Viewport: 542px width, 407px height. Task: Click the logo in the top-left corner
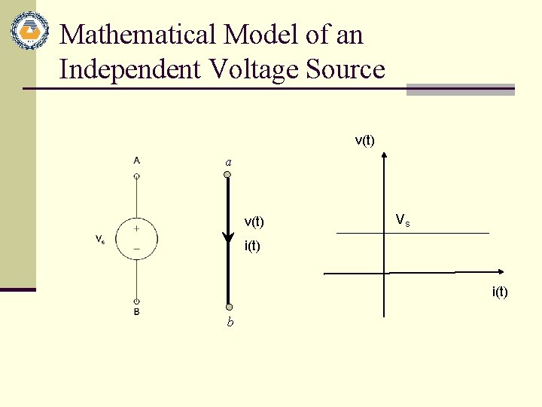click(x=29, y=31)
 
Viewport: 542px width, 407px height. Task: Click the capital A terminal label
click(x=136, y=160)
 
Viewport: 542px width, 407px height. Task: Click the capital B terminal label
click(x=136, y=311)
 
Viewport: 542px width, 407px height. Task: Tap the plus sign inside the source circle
click(x=137, y=228)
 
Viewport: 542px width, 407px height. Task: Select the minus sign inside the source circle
click(x=137, y=247)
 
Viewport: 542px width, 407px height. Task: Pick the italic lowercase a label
click(x=228, y=162)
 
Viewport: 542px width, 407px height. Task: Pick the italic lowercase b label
click(x=230, y=323)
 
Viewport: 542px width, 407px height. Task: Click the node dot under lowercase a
click(x=228, y=175)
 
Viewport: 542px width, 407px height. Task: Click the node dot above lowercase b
click(x=229, y=307)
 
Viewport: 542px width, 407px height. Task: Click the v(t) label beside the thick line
click(x=254, y=222)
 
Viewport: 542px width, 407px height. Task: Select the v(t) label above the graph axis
click(x=365, y=140)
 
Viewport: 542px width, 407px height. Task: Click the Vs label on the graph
click(x=403, y=221)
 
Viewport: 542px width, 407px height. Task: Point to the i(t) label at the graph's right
click(x=500, y=292)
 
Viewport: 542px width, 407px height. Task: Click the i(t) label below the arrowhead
click(x=251, y=246)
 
